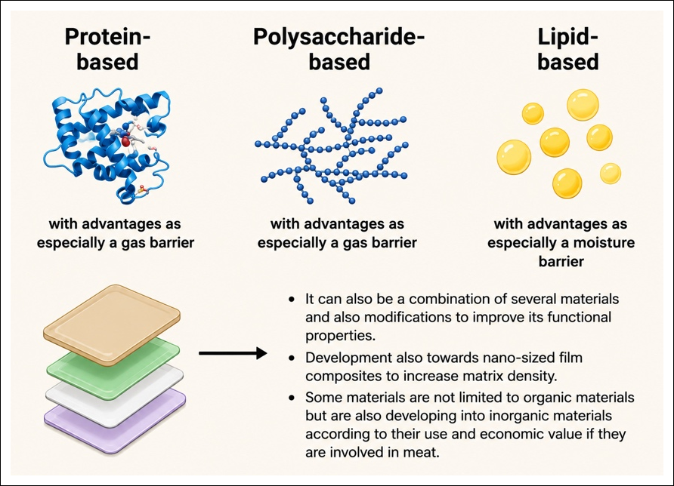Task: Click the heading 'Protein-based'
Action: pos(107,49)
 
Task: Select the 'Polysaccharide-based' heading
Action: pos(339,49)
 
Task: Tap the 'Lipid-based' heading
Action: pos(567,49)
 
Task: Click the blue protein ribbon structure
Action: pos(107,146)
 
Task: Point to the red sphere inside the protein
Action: pos(125,141)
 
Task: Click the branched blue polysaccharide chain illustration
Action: pos(331,146)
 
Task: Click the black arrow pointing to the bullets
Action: pos(233,353)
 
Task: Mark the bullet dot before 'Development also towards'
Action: pos(292,358)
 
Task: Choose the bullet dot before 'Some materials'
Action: pos(292,398)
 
